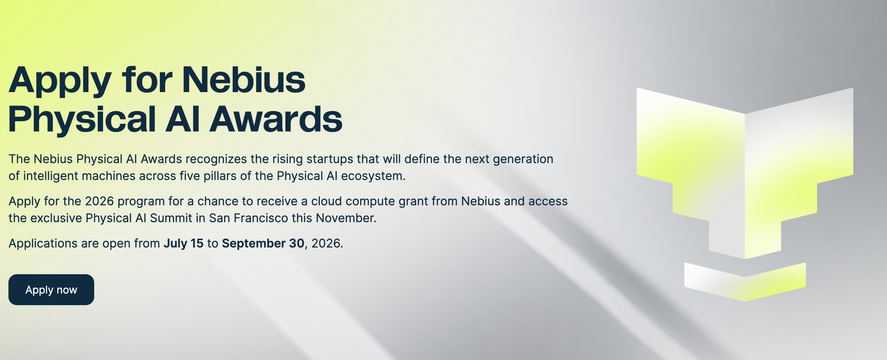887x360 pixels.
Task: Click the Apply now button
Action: click(x=51, y=290)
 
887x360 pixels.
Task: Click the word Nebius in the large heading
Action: click(x=244, y=80)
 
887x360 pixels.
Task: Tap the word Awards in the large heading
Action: click(x=276, y=119)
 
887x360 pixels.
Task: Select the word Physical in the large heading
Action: click(x=82, y=120)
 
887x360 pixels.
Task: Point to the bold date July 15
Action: click(x=183, y=243)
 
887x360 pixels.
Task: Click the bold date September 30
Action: click(x=263, y=243)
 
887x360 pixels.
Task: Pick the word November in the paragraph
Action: click(x=346, y=218)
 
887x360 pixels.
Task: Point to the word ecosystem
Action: click(x=373, y=176)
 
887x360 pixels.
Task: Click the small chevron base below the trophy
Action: click(x=745, y=282)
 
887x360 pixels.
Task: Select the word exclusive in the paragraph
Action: click(x=56, y=218)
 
